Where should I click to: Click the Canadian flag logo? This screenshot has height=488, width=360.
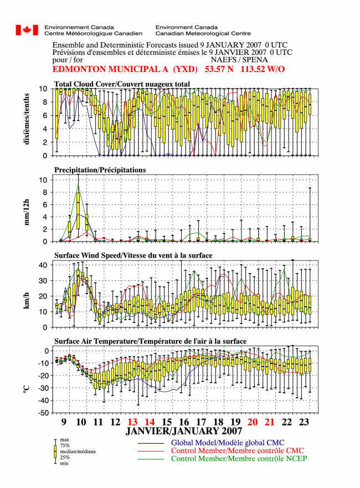[x=27, y=30]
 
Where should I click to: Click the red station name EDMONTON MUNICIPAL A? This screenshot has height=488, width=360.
[x=110, y=69]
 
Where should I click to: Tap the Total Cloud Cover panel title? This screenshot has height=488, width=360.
[x=122, y=84]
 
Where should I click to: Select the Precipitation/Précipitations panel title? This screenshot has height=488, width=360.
[x=100, y=170]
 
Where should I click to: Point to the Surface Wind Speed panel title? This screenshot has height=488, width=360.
[x=133, y=255]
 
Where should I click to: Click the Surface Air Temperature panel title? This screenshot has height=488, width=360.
[x=150, y=341]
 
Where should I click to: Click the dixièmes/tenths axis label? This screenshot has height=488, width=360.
[x=27, y=119]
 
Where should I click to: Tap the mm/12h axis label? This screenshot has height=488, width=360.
[x=27, y=212]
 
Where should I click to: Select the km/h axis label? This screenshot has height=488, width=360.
[x=27, y=300]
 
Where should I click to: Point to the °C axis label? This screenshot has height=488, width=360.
[x=27, y=389]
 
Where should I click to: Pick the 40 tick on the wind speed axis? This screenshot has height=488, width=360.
[x=43, y=265]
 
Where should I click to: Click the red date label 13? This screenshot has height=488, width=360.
[x=132, y=422]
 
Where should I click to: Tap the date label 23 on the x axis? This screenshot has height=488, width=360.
[x=304, y=422]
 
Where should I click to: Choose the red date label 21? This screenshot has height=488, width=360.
[x=270, y=422]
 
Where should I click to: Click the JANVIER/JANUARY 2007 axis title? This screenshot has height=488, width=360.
[x=184, y=431]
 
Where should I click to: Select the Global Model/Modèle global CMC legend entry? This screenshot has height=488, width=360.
[x=228, y=443]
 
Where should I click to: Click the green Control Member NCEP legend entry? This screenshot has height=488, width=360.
[x=239, y=459]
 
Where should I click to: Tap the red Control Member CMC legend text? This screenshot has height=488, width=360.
[x=238, y=451]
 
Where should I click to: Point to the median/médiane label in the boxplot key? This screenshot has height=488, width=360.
[x=78, y=451]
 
